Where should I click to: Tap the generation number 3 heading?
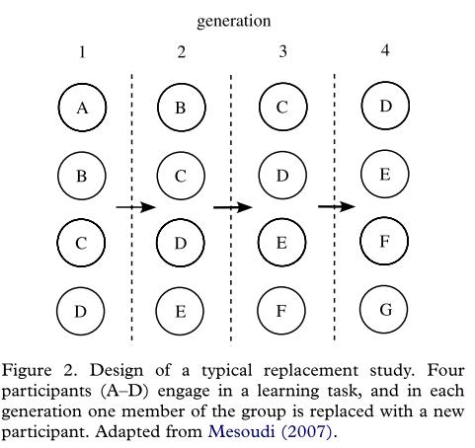[x=282, y=51]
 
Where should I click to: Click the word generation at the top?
[x=234, y=22]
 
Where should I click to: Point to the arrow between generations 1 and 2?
[x=135, y=207]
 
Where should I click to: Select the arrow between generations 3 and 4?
[x=337, y=206]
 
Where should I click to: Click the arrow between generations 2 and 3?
[x=233, y=207]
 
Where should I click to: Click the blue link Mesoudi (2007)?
[x=270, y=431]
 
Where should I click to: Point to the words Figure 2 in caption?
[x=40, y=370]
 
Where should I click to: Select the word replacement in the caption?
[x=311, y=371]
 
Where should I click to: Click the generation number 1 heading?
[x=82, y=52]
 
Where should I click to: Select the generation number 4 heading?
[x=385, y=50]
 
